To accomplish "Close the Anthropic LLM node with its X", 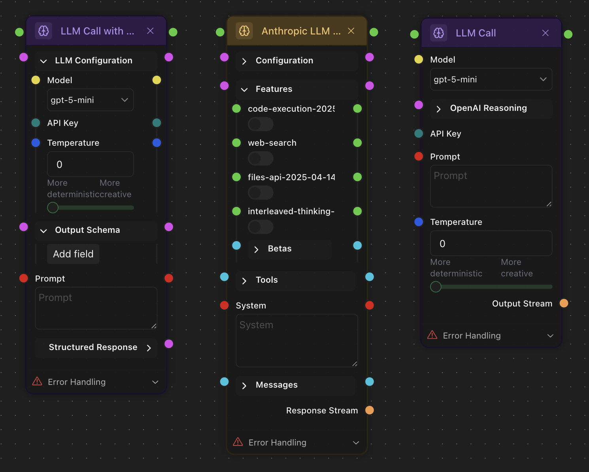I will coord(351,31).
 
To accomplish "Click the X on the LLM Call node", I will coord(546,33).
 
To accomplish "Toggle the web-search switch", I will coord(261,158).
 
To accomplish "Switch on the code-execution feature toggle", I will coord(261,124).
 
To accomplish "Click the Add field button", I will coord(73,254).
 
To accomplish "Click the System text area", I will coord(296,341).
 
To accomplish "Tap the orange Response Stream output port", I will coord(370,410).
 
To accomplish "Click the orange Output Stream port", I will coord(564,303).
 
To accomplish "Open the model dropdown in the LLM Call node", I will coord(491,80).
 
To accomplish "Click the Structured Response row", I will coord(96,348).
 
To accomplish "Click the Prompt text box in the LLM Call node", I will coord(491,186).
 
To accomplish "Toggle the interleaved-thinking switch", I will coord(261,227).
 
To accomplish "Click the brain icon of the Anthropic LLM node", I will coord(244,31).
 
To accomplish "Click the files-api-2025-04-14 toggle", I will coord(261,193).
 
